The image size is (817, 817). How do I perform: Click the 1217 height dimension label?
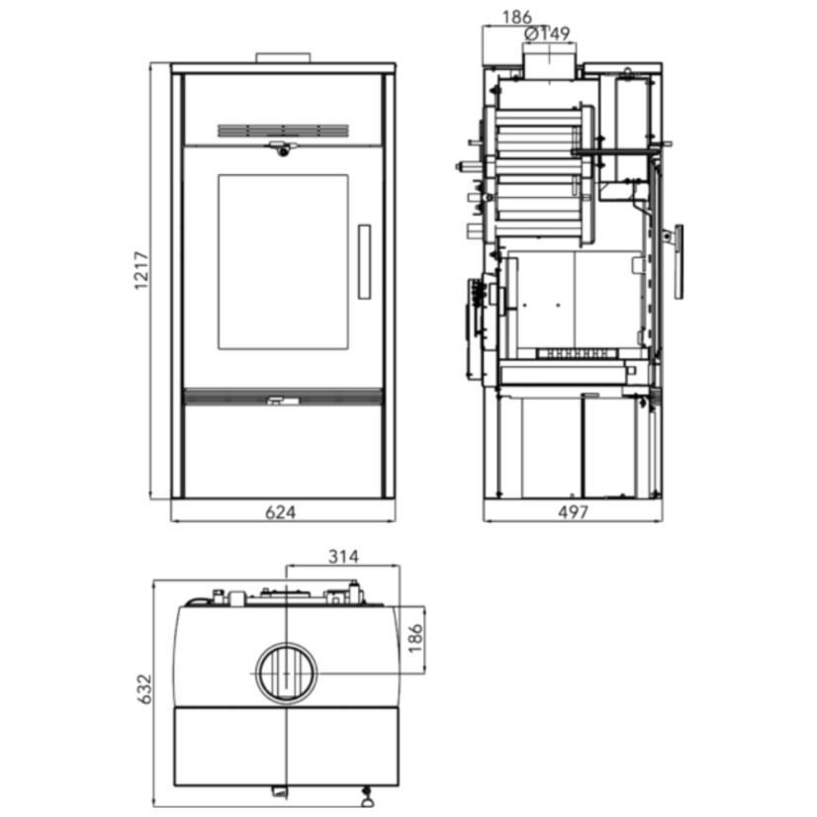tap(141, 270)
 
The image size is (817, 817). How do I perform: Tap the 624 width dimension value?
tap(280, 512)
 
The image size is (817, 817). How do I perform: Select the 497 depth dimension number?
tap(573, 512)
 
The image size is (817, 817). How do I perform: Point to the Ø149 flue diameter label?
tap(548, 34)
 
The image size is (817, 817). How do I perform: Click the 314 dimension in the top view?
tap(343, 557)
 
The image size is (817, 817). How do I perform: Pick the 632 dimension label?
tap(143, 688)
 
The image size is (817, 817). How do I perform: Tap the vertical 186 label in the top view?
tap(414, 638)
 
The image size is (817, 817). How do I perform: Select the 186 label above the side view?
tap(517, 17)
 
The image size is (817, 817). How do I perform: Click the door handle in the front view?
tap(364, 261)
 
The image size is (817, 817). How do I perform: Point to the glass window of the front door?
tap(283, 261)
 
